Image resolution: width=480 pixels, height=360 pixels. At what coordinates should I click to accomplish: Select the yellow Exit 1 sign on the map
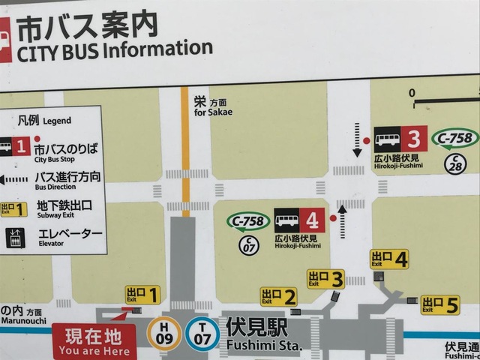point(142,295)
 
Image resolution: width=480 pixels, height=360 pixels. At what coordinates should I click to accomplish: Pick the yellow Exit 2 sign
point(278,297)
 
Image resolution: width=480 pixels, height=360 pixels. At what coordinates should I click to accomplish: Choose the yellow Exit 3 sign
point(325,279)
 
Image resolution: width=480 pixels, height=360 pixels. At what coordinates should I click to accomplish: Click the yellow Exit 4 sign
point(389,259)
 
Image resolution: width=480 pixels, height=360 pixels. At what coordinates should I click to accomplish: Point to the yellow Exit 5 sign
point(439,304)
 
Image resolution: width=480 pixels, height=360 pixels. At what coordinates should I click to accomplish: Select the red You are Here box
point(94,342)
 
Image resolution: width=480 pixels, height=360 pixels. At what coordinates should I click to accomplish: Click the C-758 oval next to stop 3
point(456,138)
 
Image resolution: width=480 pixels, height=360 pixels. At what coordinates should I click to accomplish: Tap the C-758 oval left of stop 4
point(248,221)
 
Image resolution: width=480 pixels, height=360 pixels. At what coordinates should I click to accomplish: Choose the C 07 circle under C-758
point(248,244)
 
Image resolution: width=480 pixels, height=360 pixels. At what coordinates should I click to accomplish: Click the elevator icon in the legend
point(14,238)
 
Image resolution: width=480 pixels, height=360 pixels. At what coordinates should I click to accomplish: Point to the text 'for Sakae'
point(214,112)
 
